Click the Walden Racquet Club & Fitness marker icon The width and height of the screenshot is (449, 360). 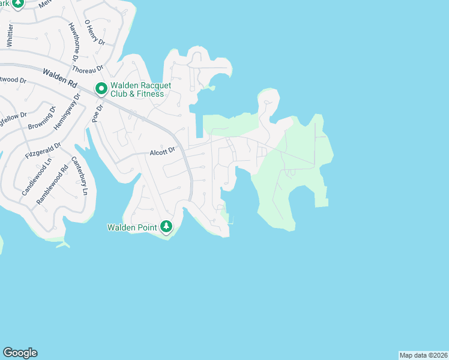101,89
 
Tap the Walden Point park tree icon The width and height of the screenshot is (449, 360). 166,227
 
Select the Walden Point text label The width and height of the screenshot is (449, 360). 132,227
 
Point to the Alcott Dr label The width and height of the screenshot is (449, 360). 162,151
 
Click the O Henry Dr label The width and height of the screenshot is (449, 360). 95,32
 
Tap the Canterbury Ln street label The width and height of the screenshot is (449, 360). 80,176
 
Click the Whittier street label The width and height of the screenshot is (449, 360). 10,36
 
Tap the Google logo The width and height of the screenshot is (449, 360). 20,353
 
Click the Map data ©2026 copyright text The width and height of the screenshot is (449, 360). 423,355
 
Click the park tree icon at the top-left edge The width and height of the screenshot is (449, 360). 18,3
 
